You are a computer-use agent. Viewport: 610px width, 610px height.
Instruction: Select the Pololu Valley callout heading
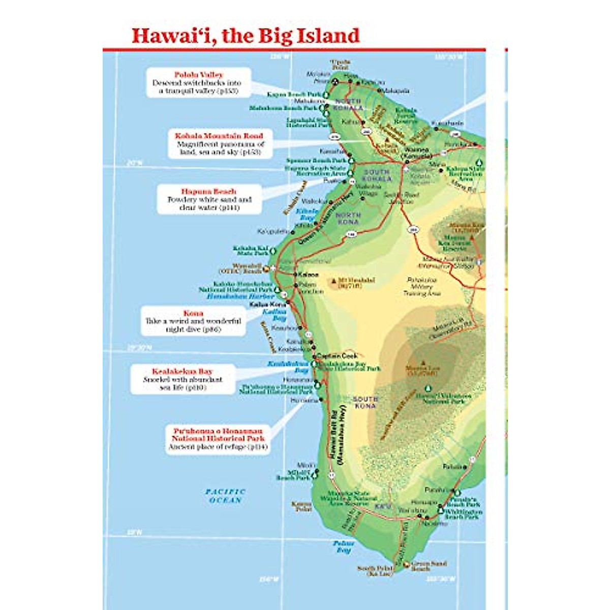pos(199,75)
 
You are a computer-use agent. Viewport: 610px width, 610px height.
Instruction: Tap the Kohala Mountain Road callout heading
pos(219,136)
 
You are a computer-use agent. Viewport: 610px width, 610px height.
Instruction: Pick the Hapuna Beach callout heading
pos(209,192)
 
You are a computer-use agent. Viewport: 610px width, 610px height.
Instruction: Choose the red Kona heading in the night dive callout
pos(193,313)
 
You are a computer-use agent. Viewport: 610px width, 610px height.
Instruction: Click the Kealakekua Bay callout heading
pos(182,372)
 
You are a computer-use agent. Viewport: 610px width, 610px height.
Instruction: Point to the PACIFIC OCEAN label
pos(225,496)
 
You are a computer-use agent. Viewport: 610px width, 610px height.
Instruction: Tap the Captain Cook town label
pos(339,356)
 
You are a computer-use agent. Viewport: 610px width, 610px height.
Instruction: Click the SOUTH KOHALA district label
pos(377,175)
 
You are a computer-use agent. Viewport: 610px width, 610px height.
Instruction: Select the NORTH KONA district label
pos(348,219)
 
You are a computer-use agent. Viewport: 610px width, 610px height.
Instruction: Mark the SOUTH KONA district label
pos(365,403)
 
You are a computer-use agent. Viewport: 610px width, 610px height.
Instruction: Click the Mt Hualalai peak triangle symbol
pos(334,280)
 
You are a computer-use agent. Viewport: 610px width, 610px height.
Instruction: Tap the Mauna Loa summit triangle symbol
pos(423,363)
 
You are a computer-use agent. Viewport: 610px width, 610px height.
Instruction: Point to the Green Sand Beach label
pos(429,566)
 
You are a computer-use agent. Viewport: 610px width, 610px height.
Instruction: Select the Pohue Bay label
pos(344,547)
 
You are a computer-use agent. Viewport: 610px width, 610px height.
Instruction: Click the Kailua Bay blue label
pos(275,315)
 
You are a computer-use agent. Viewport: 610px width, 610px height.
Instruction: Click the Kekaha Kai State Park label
pos(251,251)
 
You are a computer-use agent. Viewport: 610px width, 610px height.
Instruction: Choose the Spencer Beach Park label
pos(316,161)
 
